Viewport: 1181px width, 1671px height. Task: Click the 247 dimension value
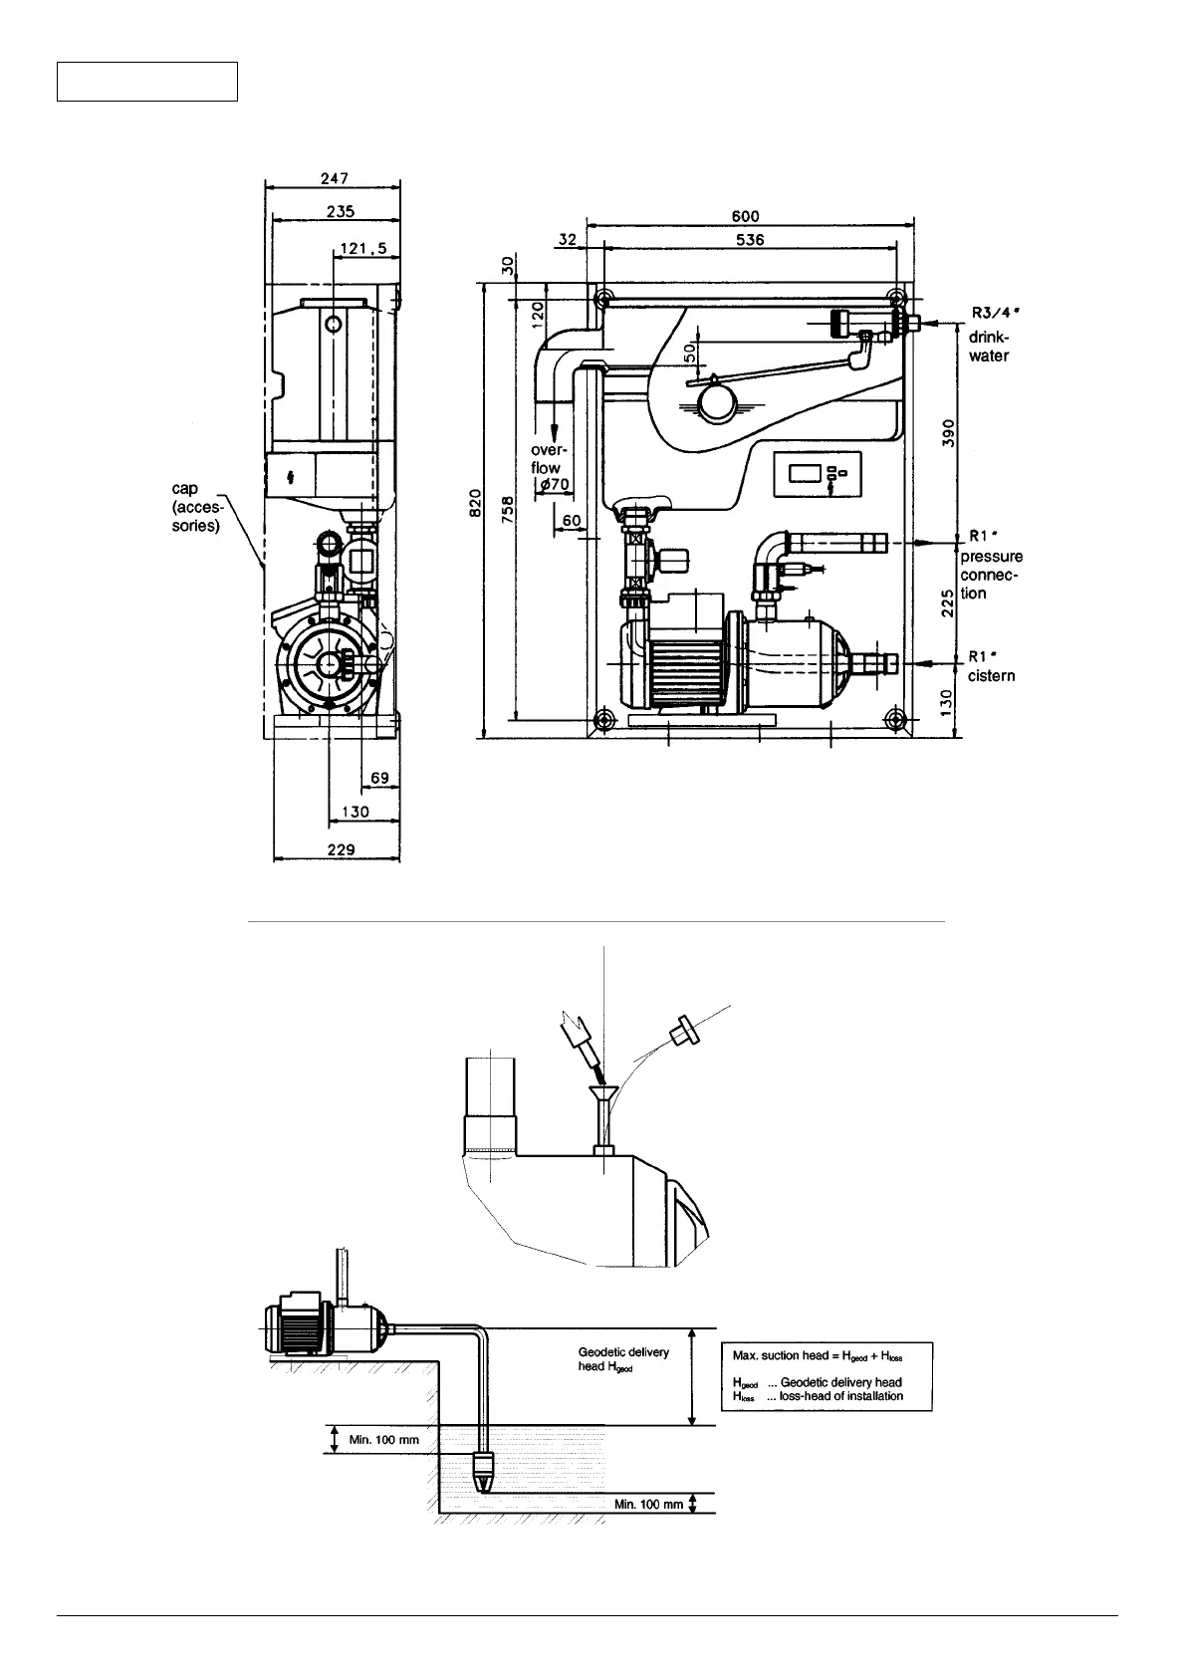(334, 178)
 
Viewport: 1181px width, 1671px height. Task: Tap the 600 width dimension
(747, 215)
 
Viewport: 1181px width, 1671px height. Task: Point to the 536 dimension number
(749, 240)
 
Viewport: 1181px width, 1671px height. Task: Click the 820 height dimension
(477, 503)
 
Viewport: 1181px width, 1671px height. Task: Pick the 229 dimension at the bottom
(341, 849)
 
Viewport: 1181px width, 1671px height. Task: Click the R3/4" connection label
(997, 313)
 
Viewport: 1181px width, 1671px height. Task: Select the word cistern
(991, 676)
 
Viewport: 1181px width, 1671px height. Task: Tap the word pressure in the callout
(991, 557)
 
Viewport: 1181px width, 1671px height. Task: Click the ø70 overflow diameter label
(551, 485)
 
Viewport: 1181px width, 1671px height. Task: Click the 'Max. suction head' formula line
(817, 1356)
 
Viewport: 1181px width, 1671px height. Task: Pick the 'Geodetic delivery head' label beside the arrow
(623, 1359)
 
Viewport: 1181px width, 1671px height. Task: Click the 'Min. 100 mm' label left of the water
(383, 1440)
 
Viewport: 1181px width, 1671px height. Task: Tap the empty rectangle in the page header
(147, 82)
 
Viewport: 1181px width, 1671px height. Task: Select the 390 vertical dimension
(950, 432)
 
